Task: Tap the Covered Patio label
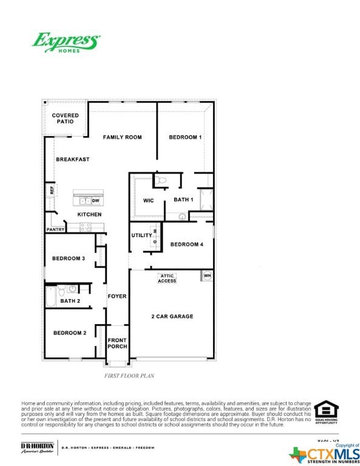pyautogui.click(x=66, y=118)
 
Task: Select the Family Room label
pyautogui.click(x=122, y=138)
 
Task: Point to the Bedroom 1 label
pyautogui.click(x=185, y=138)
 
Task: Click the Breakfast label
pyautogui.click(x=73, y=160)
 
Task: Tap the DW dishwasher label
pyautogui.click(x=96, y=200)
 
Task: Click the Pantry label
pyautogui.click(x=55, y=230)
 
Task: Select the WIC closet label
pyautogui.click(x=148, y=200)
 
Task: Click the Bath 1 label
pyautogui.click(x=183, y=200)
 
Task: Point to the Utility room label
pyautogui.click(x=141, y=235)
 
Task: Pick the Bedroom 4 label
pyautogui.click(x=187, y=245)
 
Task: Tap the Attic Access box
pyautogui.click(x=167, y=279)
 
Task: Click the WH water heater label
pyautogui.click(x=207, y=276)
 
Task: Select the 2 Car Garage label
pyautogui.click(x=172, y=317)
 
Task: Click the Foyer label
pyautogui.click(x=117, y=297)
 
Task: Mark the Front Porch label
pyautogui.click(x=117, y=343)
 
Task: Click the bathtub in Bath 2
pyautogui.click(x=51, y=297)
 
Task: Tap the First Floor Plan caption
pyautogui.click(x=130, y=376)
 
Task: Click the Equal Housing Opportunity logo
pyautogui.click(x=326, y=413)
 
